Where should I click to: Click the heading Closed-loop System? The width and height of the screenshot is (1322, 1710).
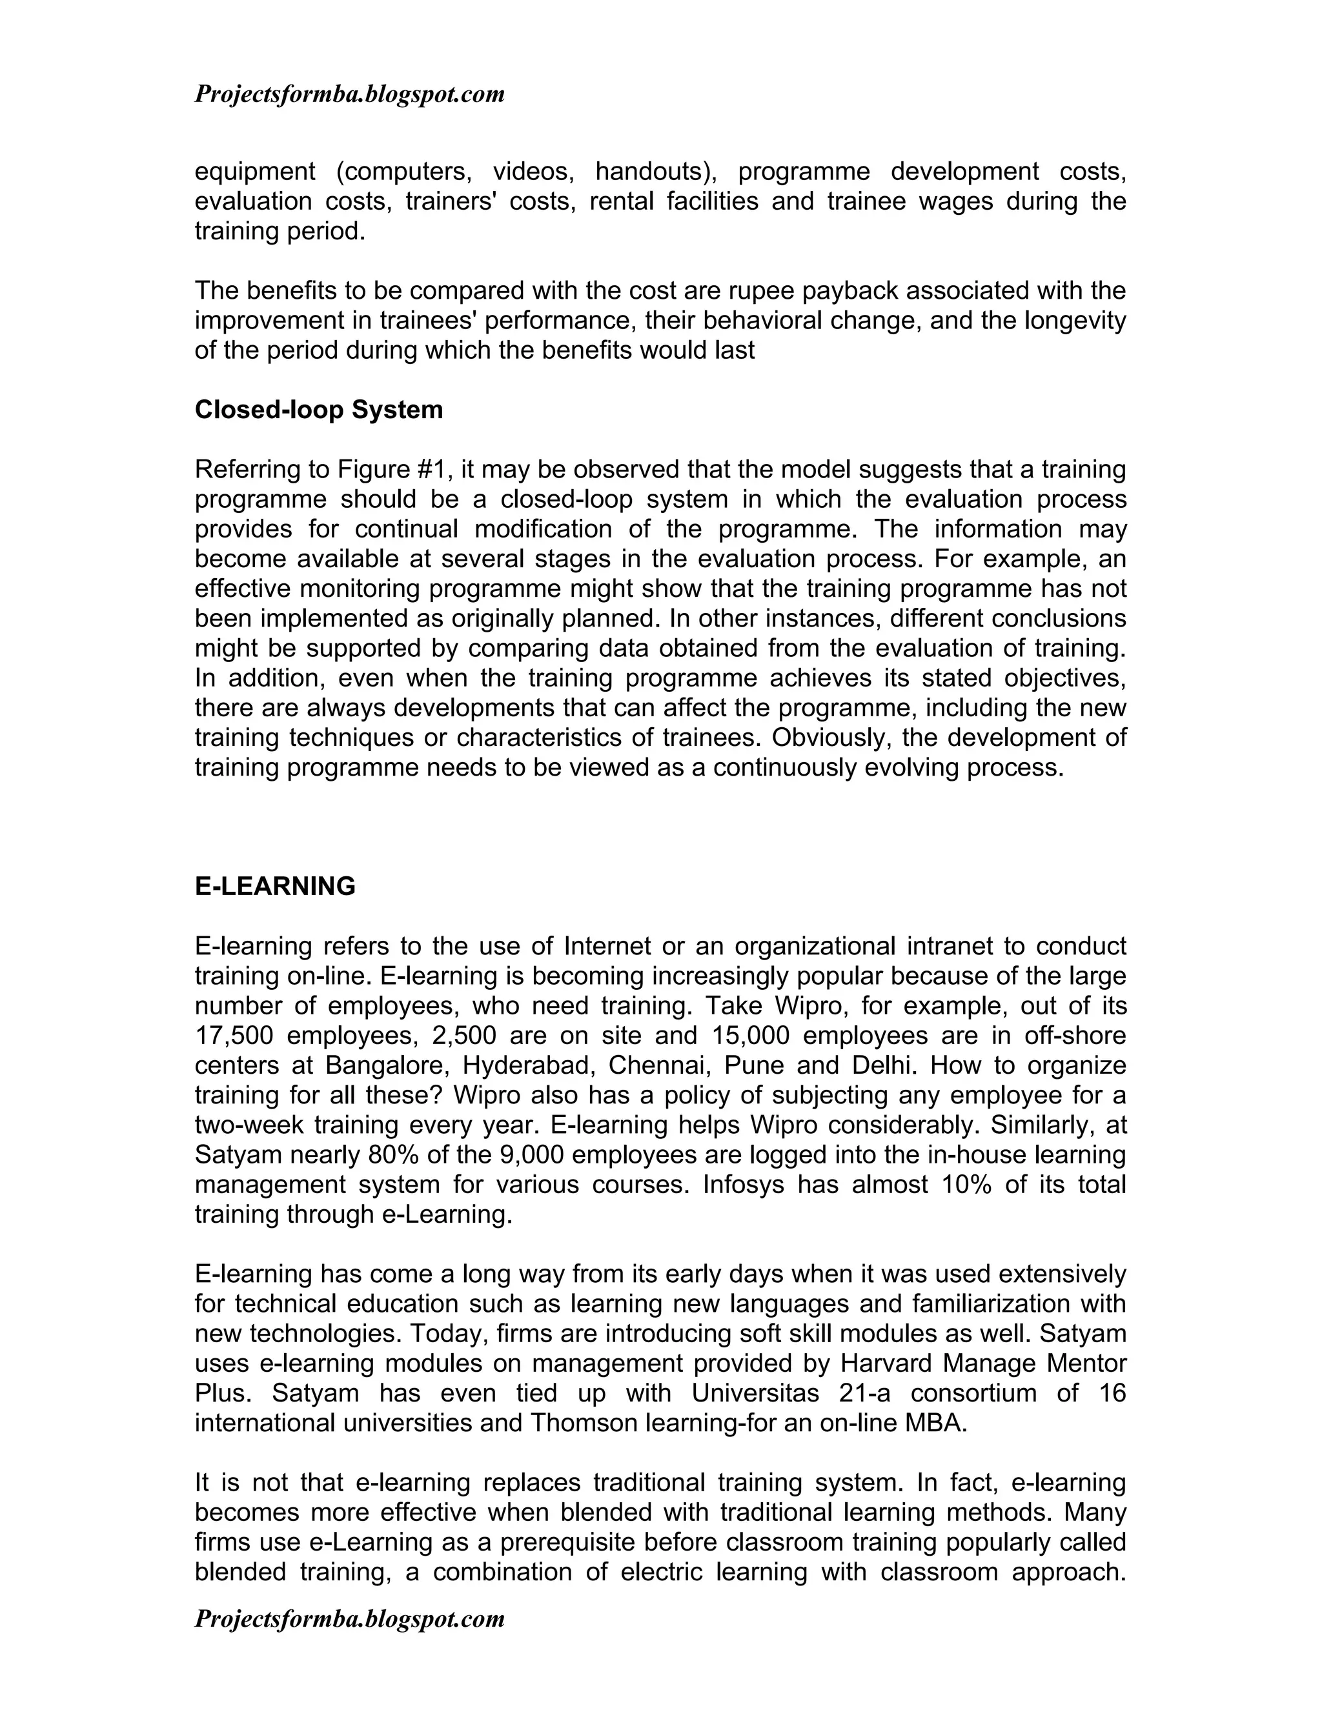(318, 410)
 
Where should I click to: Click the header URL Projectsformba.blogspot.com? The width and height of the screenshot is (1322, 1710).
(349, 94)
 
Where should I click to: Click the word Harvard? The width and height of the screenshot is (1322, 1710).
(885, 1363)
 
